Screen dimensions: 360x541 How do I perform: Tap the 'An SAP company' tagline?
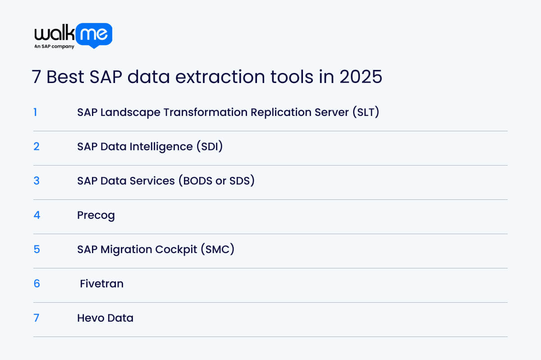tap(54, 46)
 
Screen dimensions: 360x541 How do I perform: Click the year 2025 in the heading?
tap(361, 77)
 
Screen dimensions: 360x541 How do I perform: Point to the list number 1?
tap(35, 112)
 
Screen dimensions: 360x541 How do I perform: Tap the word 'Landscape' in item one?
tap(130, 112)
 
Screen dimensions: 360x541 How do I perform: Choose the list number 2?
tap(37, 146)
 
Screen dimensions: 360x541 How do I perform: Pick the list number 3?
tap(37, 180)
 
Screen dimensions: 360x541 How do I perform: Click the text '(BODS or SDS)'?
tap(216, 181)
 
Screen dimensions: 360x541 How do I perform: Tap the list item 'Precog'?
tap(96, 215)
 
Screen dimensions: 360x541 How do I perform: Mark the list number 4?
tap(37, 215)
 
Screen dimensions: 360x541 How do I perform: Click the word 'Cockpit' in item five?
tap(174, 249)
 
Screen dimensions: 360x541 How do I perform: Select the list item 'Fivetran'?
tap(101, 284)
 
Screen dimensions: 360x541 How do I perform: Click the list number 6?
tap(37, 283)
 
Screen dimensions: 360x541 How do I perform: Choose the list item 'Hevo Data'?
tap(105, 318)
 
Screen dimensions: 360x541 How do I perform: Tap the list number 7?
tap(37, 318)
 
